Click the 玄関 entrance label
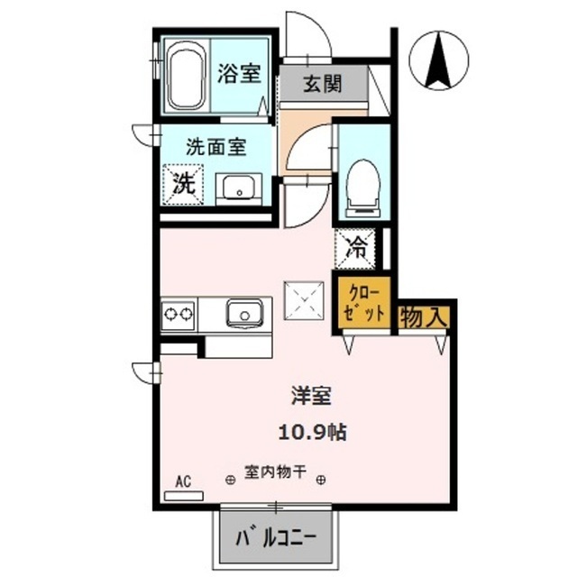pos(322,86)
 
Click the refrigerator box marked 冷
pos(356,248)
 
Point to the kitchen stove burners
pos(178,315)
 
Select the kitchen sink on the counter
pos(244,314)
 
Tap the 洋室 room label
pos(311,394)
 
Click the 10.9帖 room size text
pos(311,431)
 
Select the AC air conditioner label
pos(184,482)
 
